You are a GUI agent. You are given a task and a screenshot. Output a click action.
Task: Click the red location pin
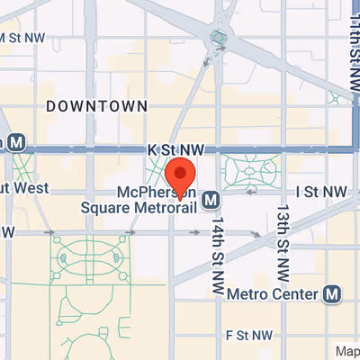181,173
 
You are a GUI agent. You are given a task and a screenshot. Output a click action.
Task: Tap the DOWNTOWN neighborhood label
96,106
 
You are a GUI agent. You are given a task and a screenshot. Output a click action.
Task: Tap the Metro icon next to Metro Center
333,293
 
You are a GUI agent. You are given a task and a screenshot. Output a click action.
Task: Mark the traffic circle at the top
219,38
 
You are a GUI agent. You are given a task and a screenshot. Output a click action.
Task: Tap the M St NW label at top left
23,38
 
